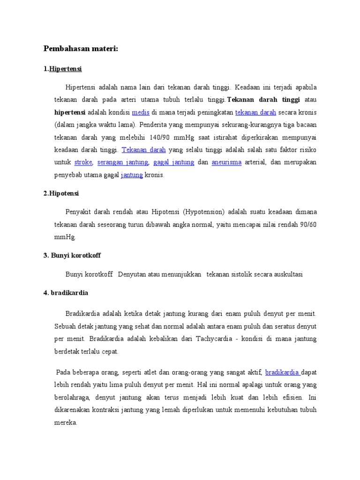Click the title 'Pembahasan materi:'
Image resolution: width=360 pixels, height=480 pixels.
pos(81,49)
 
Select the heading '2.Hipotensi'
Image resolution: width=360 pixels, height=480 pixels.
pos(61,193)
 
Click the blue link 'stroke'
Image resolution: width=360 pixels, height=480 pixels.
pos(83,163)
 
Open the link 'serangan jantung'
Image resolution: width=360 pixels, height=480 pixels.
pos(123,163)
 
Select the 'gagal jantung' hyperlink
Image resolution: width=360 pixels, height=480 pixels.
pos(173,163)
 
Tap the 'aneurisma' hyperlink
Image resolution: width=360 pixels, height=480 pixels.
pos(226,163)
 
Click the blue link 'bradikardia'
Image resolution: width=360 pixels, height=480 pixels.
pos(282,373)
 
